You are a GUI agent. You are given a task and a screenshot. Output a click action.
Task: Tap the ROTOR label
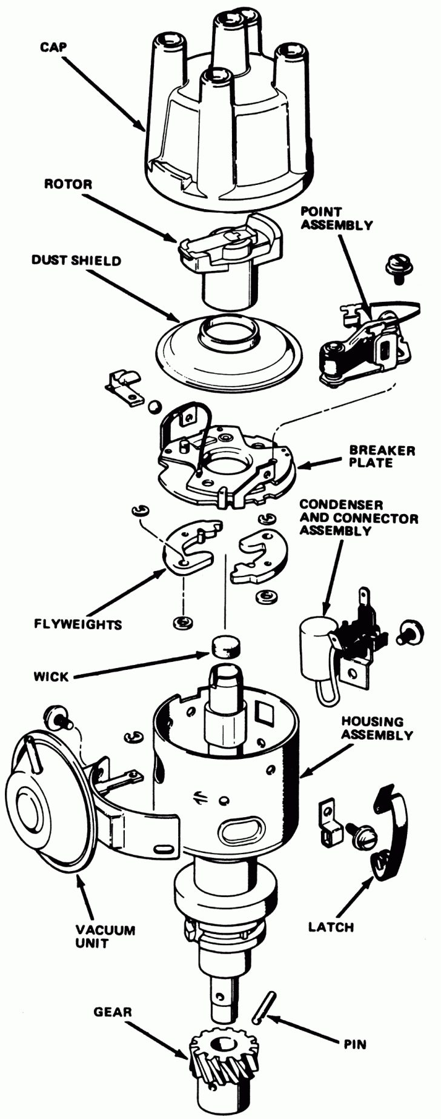tap(68, 184)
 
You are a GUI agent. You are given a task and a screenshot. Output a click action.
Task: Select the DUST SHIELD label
tap(76, 261)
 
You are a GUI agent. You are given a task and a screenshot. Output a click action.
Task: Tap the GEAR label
tap(113, 1012)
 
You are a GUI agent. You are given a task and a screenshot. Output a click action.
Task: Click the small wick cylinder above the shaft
tap(225, 646)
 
